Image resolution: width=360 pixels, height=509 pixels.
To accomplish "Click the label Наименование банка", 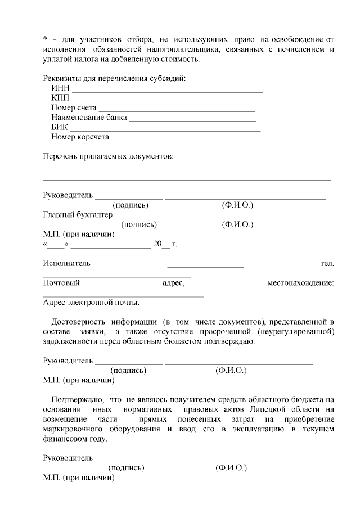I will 89,118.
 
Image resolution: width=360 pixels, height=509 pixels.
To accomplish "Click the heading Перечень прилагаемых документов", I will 108,156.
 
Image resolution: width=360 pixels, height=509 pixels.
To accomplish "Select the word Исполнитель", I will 66,263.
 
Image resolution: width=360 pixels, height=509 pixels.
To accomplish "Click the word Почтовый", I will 61,283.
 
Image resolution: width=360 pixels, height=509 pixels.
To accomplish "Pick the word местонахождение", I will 300,283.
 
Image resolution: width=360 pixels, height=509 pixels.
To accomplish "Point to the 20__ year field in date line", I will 161,244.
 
